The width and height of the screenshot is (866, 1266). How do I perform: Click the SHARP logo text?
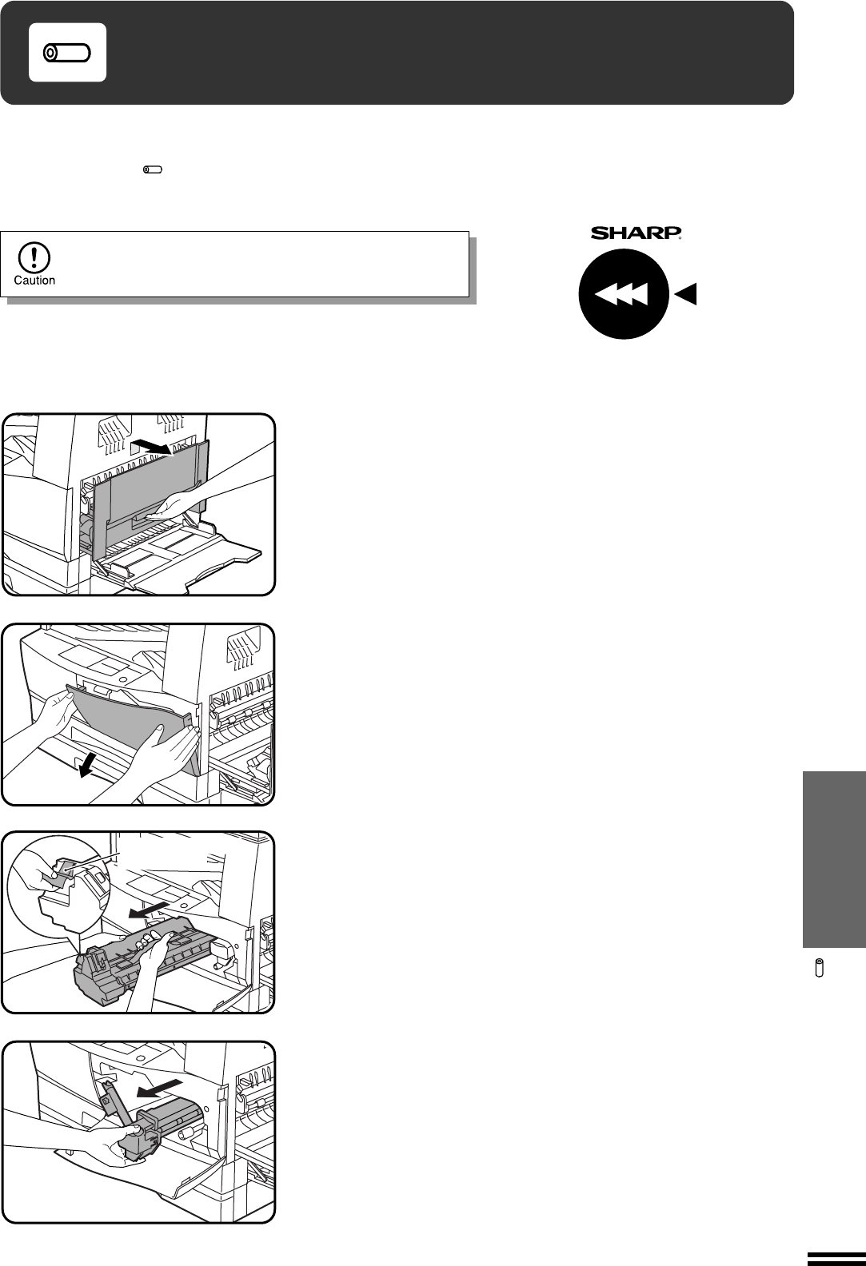pos(636,233)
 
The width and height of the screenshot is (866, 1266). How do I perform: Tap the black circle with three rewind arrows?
pos(624,294)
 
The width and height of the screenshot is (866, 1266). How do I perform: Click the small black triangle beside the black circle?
pos(685,294)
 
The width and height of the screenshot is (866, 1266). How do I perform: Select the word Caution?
pos(34,281)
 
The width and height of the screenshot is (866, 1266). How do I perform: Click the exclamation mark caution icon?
pos(34,257)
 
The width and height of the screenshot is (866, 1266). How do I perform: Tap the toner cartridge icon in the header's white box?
pos(67,53)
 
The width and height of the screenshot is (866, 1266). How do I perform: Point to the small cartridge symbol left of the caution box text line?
pos(153,169)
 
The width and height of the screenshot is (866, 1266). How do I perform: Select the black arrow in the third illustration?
pos(148,910)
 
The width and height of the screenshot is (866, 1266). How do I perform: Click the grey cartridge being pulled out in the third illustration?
pos(142,961)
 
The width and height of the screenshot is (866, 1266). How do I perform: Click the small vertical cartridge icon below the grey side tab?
pos(819,967)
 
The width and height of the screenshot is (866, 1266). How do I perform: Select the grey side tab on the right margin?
pos(834,859)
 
